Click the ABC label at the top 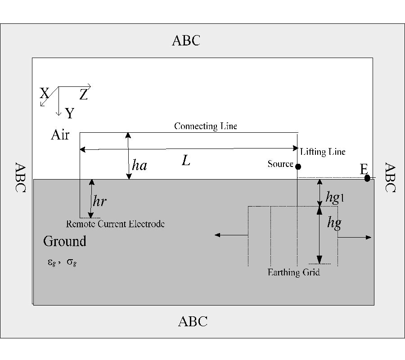pos(186,40)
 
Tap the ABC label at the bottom pos(193,321)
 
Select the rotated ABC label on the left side pos(20,177)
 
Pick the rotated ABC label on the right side pos(389,177)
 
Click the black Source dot pos(298,166)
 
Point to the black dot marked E pos(367,178)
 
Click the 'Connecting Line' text pos(206,126)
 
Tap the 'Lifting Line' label pos(323,152)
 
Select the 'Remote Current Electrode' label pos(115,224)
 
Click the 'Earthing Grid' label pos(293,272)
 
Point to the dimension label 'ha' pos(139,166)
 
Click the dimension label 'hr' pos(99,201)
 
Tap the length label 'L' pos(185,161)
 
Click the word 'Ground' pos(65,241)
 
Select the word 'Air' pos(60,135)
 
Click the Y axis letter pos(69,113)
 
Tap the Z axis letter pos(84,94)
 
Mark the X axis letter pos(44,94)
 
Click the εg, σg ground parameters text pos(62,262)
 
